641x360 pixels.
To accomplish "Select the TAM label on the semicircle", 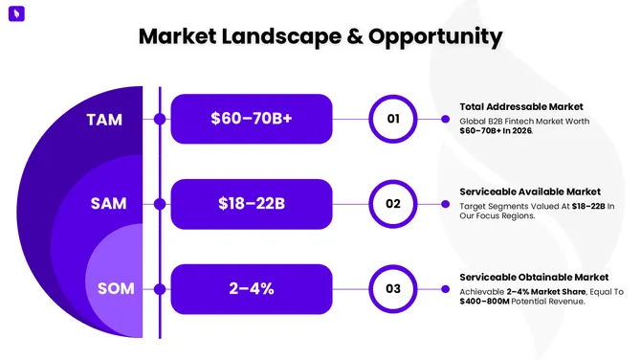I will coord(104,120).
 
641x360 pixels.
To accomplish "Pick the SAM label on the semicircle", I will coord(108,204).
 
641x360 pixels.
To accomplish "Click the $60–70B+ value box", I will coord(251,120).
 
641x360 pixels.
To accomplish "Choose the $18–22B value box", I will coord(251,204).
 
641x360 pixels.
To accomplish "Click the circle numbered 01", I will coord(393,120).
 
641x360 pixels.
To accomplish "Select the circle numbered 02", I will coord(393,204).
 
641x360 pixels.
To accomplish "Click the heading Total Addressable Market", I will coord(520,106).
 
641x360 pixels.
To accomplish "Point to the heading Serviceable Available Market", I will coord(529,191).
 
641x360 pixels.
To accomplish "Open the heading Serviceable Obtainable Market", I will coord(532,277).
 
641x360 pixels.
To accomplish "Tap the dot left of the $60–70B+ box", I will coord(160,120).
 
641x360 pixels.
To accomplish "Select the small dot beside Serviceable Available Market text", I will coord(445,204).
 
